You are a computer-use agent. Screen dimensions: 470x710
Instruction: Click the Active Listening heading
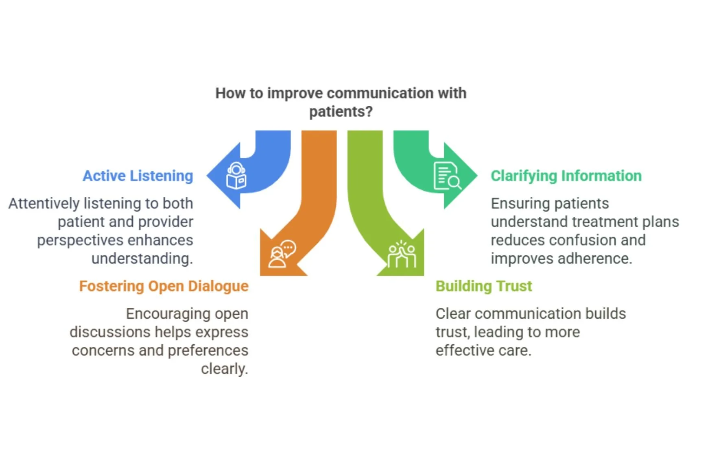pos(138,176)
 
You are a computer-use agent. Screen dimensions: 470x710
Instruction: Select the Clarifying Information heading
pos(566,176)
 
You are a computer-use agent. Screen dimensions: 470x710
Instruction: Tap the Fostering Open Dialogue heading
pos(164,286)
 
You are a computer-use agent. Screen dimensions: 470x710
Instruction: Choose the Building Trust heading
pos(483,286)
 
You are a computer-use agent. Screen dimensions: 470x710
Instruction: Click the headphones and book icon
pos(236,176)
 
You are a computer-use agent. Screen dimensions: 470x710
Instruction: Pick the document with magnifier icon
pos(447,176)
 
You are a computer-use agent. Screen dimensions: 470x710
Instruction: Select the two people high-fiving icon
pos(402,255)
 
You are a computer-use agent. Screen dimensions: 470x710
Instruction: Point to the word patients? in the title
pos(341,111)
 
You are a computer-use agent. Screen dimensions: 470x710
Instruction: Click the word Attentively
pos(44,203)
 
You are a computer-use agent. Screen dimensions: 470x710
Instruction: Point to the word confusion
pos(581,240)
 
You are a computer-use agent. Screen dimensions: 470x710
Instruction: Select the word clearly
pos(224,369)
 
